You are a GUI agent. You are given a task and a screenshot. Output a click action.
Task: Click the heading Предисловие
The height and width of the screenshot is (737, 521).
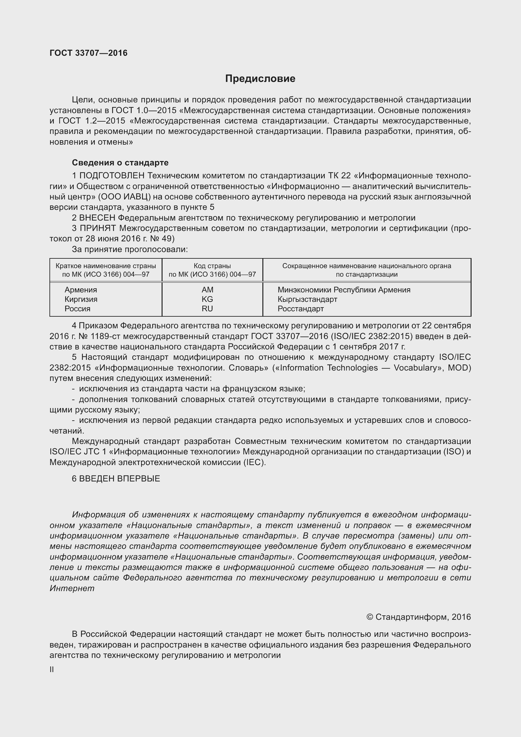[260, 79]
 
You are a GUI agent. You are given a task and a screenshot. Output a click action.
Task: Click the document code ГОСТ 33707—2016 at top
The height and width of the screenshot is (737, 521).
[89, 53]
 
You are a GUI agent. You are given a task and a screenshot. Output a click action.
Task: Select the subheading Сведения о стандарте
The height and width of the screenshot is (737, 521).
[120, 163]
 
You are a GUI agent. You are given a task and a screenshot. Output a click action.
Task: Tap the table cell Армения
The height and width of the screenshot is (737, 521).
[81, 290]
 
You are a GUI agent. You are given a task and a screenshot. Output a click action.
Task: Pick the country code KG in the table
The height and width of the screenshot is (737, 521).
[207, 299]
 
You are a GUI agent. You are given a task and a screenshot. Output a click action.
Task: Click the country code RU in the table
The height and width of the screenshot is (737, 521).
[207, 308]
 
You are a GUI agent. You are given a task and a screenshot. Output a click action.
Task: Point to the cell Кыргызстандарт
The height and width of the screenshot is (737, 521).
[307, 299]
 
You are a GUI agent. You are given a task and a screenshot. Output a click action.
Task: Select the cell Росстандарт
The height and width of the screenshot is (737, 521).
[301, 308]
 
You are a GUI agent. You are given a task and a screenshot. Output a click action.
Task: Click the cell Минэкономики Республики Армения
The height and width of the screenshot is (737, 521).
[344, 290]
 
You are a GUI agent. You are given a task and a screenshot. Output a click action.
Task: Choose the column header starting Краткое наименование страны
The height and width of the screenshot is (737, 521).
[106, 270]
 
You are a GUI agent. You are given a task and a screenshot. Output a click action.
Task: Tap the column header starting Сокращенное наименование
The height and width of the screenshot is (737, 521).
[366, 270]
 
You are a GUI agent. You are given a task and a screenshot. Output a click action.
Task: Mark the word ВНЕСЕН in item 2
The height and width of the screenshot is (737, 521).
[97, 218]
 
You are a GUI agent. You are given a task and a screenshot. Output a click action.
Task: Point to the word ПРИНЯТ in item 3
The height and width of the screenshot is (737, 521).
[98, 228]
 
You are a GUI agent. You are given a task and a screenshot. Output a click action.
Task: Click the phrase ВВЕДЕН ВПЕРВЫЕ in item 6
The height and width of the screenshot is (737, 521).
[119, 479]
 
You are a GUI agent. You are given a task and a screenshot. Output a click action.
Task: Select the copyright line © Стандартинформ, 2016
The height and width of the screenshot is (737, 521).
[418, 617]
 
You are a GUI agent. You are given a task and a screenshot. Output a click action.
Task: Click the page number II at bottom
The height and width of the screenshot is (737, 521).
[52, 670]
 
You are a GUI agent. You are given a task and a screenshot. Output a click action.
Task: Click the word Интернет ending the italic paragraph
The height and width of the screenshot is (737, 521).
[72, 588]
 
